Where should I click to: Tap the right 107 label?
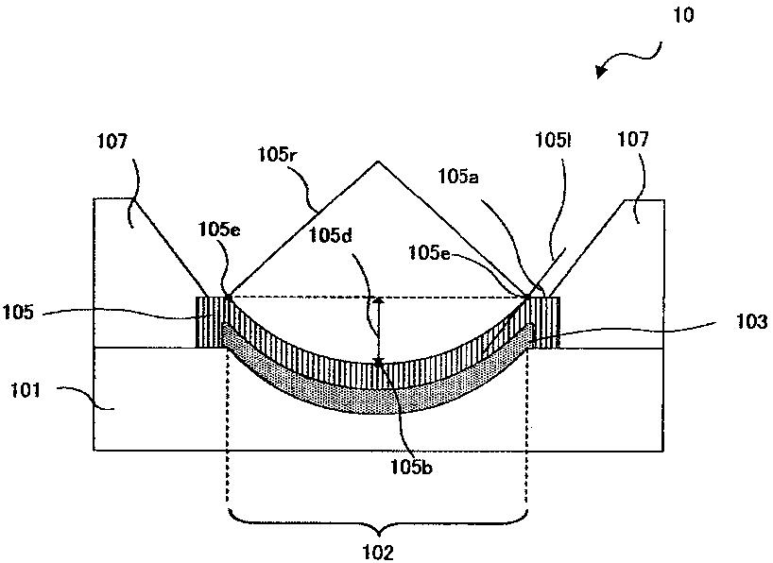634,141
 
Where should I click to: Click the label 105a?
459,176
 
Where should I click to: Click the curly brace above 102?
378,518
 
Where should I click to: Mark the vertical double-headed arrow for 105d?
378,330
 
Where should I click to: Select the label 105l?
551,142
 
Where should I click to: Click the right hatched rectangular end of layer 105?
547,321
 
